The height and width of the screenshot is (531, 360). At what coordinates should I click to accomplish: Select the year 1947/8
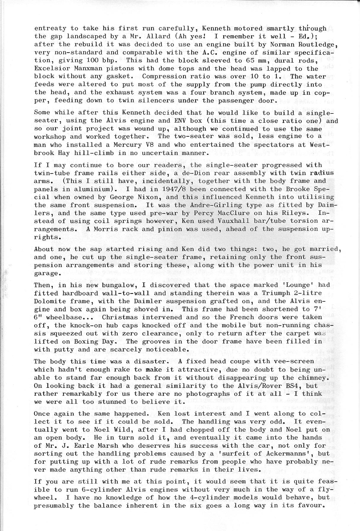coord(145,189)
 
